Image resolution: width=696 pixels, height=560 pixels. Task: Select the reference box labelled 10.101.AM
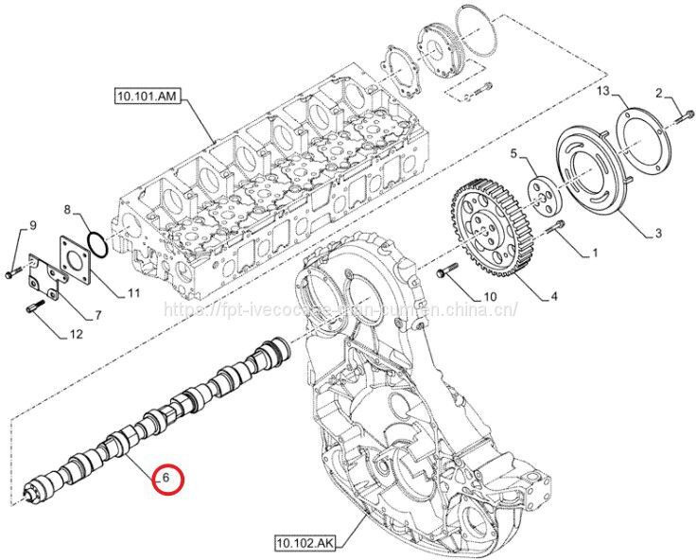pyautogui.click(x=147, y=96)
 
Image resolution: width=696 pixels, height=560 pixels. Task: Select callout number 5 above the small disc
pyautogui.click(x=513, y=153)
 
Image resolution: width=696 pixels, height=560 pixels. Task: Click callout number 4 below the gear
pyautogui.click(x=553, y=297)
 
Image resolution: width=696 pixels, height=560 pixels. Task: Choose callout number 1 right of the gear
pyautogui.click(x=595, y=254)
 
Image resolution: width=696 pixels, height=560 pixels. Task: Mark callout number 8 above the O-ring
pyautogui.click(x=67, y=208)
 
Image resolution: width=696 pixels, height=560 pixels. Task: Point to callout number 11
pyautogui.click(x=133, y=293)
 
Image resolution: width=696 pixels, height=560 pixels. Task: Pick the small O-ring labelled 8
pyautogui.click(x=94, y=244)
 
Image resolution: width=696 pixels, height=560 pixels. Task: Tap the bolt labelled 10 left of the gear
pyautogui.click(x=447, y=273)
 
